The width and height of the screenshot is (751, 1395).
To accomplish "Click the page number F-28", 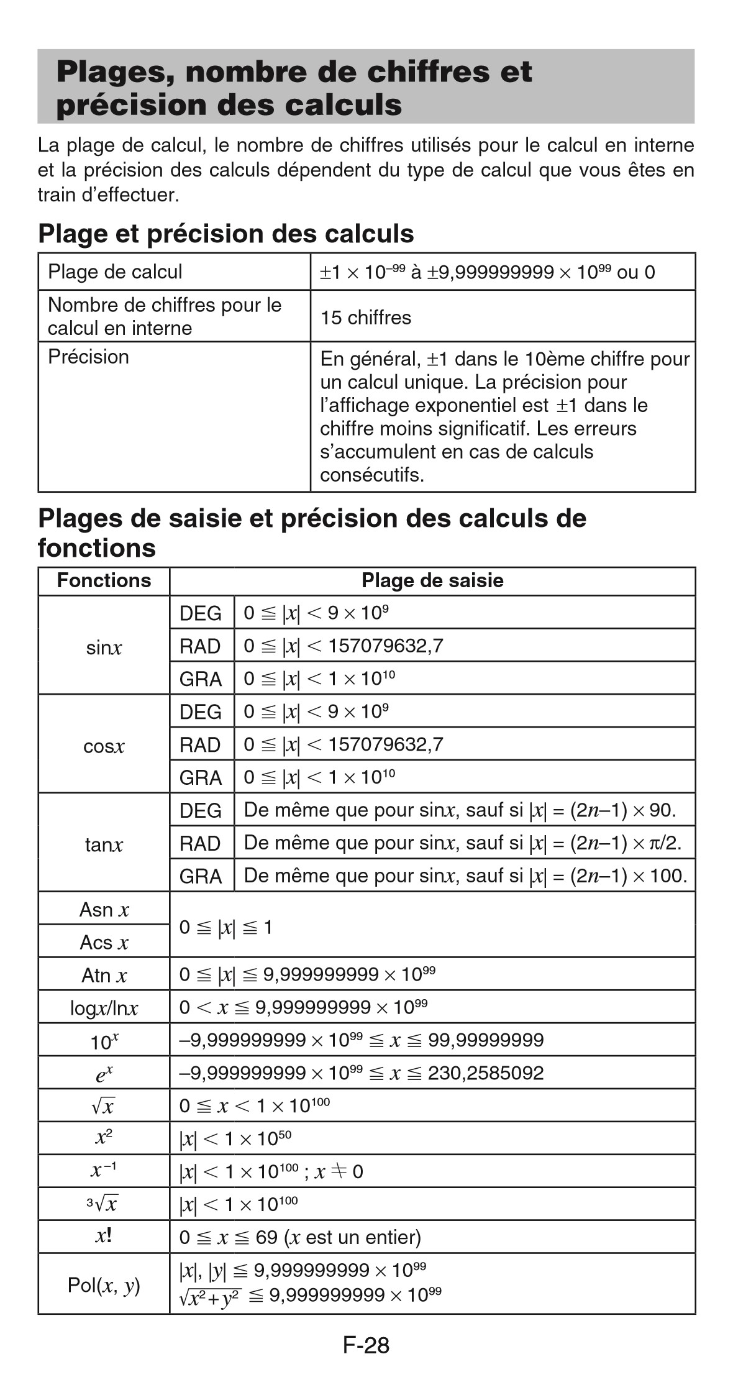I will (366, 1345).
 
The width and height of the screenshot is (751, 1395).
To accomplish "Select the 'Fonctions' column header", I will (104, 580).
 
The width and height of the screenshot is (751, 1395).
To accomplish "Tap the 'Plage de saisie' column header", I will (432, 580).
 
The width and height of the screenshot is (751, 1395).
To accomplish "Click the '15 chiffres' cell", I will (366, 318).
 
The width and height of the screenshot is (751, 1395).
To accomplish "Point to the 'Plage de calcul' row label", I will (115, 272).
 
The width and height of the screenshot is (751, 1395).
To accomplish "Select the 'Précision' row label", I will (88, 357).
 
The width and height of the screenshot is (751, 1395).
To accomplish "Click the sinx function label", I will (104, 647).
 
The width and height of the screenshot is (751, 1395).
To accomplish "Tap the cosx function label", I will (104, 746).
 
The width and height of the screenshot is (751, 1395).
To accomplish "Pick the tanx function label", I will (104, 844).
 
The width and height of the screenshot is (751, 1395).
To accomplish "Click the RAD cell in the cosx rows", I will (200, 744).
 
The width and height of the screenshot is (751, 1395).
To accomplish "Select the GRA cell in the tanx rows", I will (200, 876).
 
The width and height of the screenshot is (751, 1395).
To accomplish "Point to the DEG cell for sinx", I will (200, 613).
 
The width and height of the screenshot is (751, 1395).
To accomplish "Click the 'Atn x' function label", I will (104, 975).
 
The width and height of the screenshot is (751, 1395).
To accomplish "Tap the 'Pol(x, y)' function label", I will (104, 1284).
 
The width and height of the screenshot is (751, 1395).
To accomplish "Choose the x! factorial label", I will (104, 1236).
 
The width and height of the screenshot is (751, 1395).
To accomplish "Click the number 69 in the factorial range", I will (266, 1237).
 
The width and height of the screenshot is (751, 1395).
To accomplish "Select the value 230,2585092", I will (486, 1073).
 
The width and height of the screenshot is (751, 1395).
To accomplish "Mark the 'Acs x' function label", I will (104, 942).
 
